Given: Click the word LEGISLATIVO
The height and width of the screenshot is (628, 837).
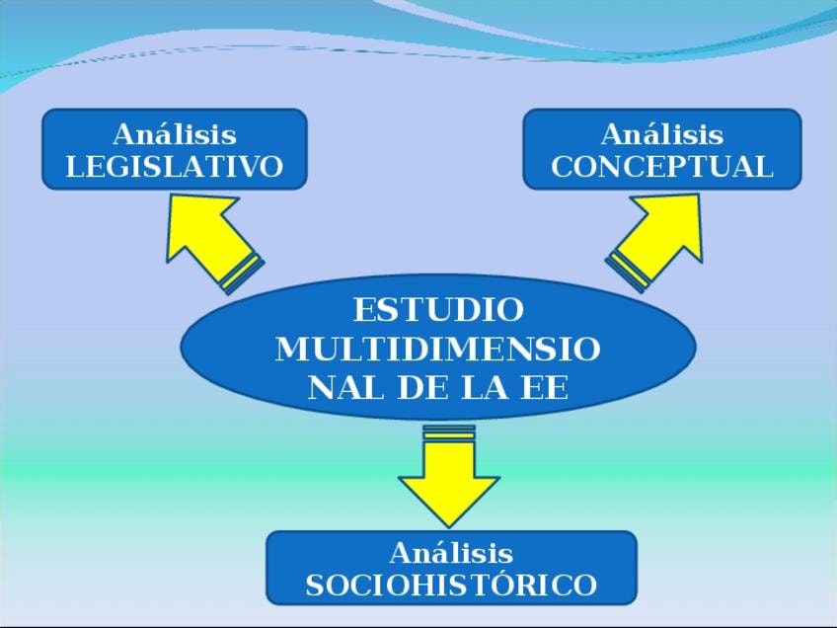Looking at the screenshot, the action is (x=174, y=166).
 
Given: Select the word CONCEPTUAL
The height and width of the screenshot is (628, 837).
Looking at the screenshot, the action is (x=661, y=166).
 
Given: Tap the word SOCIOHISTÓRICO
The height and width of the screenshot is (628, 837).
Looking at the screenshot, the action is (x=451, y=585).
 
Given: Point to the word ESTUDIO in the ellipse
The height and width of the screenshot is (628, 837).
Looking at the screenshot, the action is (x=438, y=310).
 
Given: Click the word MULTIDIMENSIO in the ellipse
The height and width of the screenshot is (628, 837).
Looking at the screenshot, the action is (x=438, y=349).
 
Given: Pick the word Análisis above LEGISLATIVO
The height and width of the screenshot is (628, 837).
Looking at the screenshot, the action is (x=174, y=133).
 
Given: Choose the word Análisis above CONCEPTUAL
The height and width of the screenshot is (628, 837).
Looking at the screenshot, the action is (x=661, y=133).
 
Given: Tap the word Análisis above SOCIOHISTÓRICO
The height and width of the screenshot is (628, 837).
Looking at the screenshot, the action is (x=451, y=551).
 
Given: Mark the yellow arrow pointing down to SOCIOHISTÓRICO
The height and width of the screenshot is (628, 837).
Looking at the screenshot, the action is (x=449, y=479).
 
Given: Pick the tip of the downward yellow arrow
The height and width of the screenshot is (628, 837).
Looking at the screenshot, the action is (x=449, y=524).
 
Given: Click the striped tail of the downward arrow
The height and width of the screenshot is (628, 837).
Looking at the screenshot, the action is (x=449, y=432).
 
